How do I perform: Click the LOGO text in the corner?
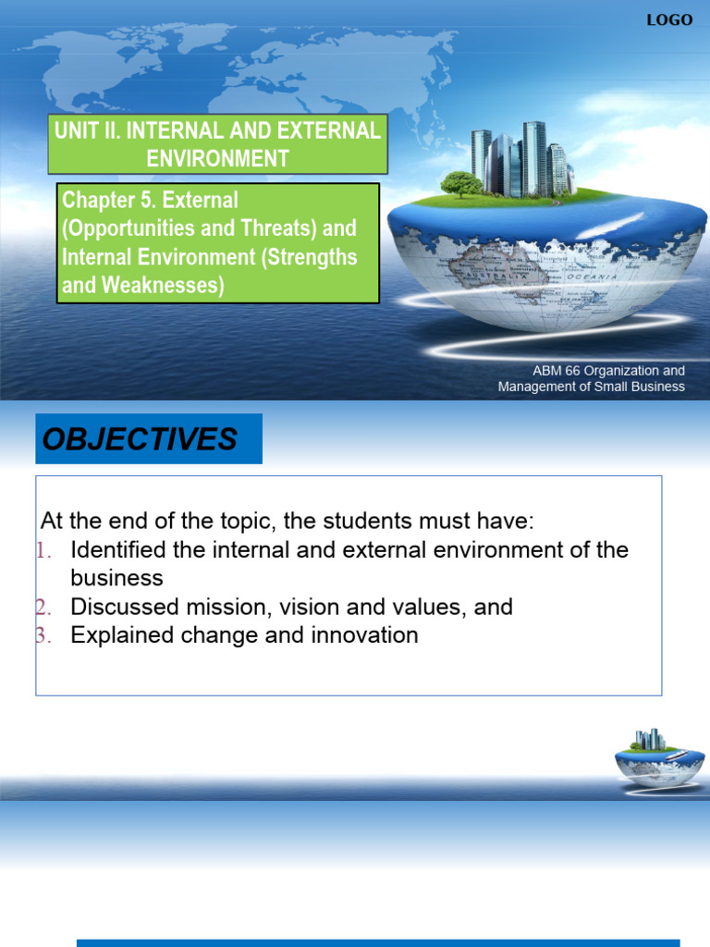point(669,20)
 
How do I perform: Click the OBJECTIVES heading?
point(140,439)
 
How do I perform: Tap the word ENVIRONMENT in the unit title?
point(217,158)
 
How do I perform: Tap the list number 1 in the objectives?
point(43,550)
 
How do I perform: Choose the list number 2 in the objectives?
point(43,608)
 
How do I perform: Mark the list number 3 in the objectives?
point(43,636)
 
